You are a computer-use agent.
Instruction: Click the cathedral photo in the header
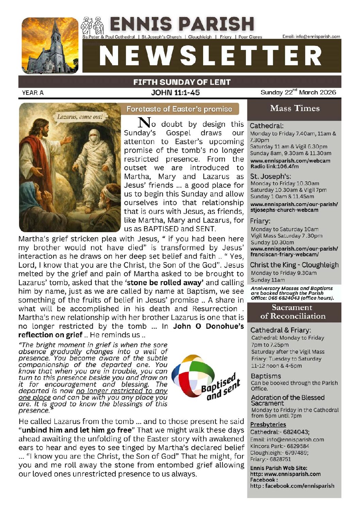pyautogui.click(x=50, y=46)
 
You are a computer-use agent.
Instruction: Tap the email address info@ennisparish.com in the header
pyautogui.click(x=311, y=36)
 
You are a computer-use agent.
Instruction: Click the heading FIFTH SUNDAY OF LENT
pyautogui.click(x=182, y=82)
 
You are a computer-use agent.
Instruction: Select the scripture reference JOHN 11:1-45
pyautogui.click(x=175, y=92)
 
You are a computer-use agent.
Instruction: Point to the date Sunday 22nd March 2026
pyautogui.click(x=298, y=92)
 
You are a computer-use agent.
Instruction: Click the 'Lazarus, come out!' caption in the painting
pyautogui.click(x=80, y=117)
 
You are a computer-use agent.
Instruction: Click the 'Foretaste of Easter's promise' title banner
pyautogui.click(x=179, y=109)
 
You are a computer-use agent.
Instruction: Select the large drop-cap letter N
pyautogui.click(x=144, y=123)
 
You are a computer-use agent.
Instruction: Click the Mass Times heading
pyautogui.click(x=295, y=108)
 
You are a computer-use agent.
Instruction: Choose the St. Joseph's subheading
pyautogui.click(x=271, y=176)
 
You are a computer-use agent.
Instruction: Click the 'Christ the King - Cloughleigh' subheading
pyautogui.click(x=294, y=265)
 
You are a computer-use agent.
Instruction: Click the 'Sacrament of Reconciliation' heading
pyautogui.click(x=293, y=312)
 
